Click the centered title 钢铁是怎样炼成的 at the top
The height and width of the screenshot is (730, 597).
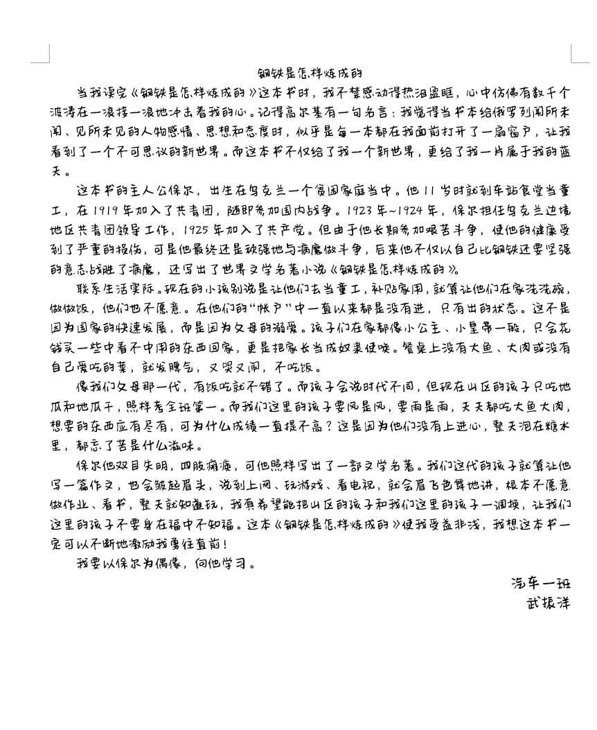[x=310, y=73]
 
